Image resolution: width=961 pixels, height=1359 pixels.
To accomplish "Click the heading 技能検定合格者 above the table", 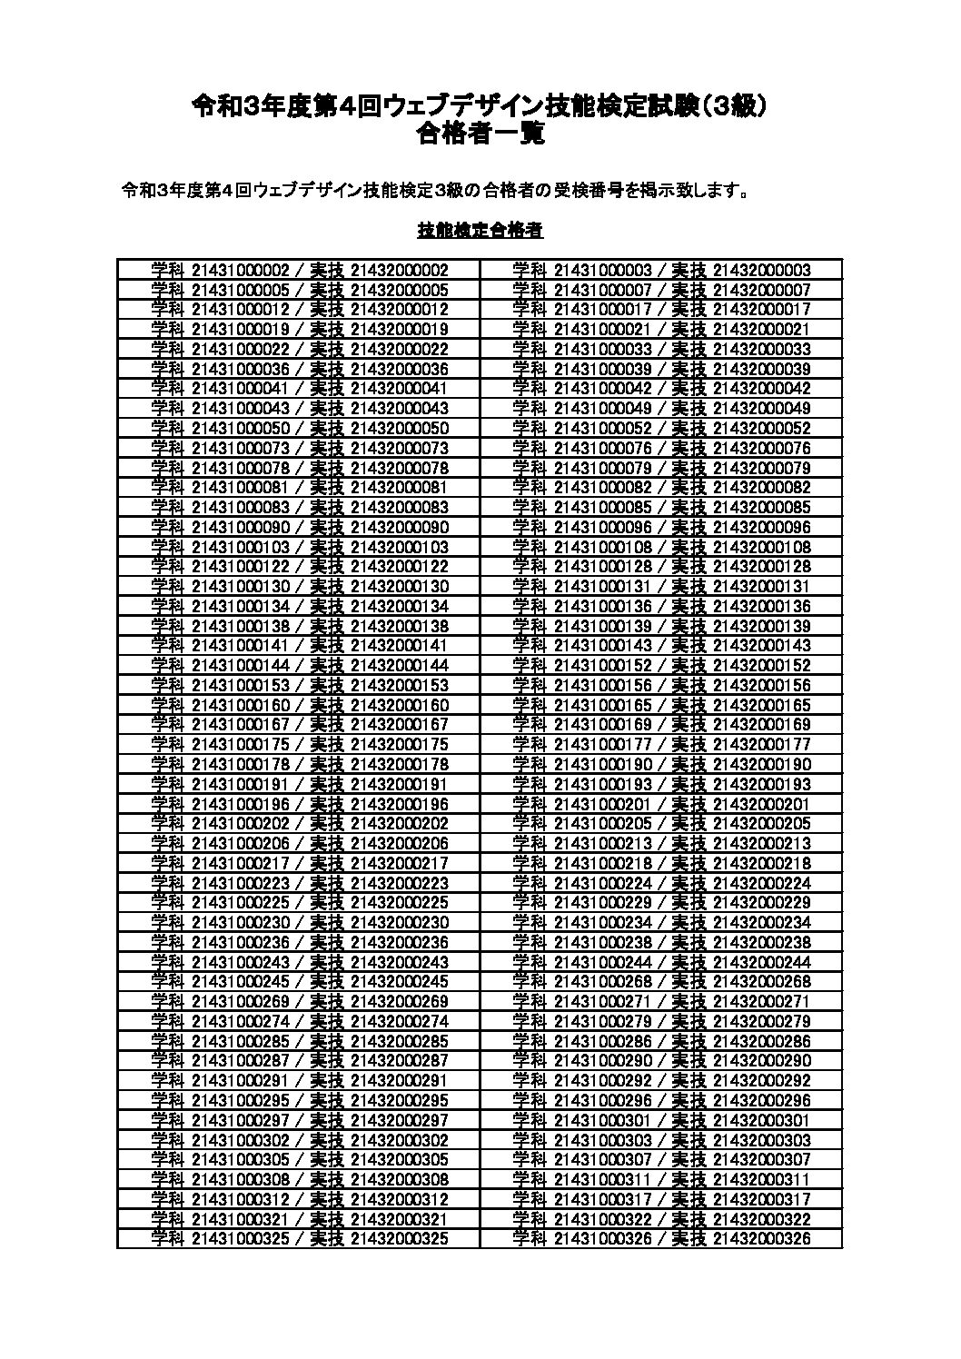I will (480, 231).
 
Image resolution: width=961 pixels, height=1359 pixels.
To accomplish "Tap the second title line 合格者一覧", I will (480, 134).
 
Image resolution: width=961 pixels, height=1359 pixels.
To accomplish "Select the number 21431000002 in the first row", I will (241, 270).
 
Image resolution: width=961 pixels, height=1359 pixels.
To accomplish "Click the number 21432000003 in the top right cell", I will (761, 270).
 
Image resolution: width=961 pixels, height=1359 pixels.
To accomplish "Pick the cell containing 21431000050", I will (299, 428).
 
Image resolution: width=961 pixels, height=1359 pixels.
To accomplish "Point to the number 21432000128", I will (761, 567).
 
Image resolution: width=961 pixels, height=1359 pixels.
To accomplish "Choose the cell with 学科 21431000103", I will (299, 547).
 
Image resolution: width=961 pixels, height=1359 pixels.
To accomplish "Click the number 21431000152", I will (602, 665).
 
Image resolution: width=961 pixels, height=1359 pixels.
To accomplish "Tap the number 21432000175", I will (399, 744).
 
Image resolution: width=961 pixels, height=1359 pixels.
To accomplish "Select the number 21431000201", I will (602, 804).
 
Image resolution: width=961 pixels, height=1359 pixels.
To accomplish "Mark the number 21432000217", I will (399, 863).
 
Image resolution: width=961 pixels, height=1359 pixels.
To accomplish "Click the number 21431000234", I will (602, 922).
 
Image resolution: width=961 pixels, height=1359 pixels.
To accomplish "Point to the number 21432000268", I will (761, 982).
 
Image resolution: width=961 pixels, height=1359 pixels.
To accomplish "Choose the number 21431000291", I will (241, 1080).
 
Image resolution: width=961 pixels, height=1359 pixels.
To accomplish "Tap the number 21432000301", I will (761, 1120).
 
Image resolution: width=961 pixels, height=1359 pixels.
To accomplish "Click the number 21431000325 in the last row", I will (241, 1238).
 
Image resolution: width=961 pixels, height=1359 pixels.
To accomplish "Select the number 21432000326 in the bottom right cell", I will (761, 1238).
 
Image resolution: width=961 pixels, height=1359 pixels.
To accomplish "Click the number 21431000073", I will (241, 448).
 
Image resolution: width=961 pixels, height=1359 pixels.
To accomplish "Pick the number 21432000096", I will (761, 527).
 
